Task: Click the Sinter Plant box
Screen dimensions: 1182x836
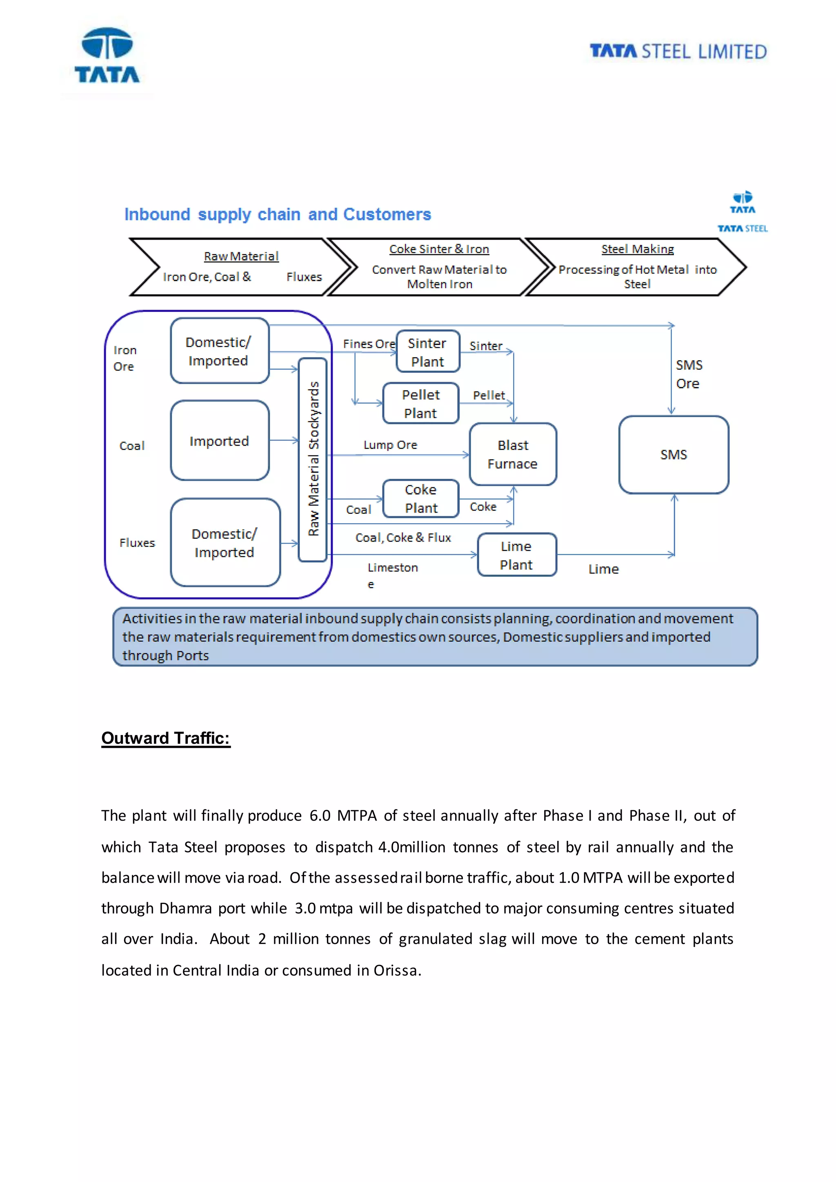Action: tap(428, 351)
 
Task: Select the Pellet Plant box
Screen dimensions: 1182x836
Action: tap(420, 404)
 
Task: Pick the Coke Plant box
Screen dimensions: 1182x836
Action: tap(420, 498)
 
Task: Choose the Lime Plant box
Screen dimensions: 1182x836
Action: tap(516, 555)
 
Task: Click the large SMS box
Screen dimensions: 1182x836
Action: tap(673, 455)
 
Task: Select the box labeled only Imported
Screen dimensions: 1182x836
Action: tap(219, 441)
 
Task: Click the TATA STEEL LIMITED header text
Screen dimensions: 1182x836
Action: tap(678, 51)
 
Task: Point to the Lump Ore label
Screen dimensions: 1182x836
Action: tap(390, 445)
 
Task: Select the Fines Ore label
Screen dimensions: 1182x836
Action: tap(369, 344)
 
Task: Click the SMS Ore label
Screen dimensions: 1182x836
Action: tap(688, 374)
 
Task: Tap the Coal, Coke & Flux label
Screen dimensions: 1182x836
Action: tap(403, 538)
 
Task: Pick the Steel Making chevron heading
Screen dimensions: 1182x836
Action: tap(637, 249)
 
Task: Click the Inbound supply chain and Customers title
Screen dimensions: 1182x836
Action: tap(278, 214)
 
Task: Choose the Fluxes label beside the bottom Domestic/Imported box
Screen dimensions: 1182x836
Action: tap(137, 542)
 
